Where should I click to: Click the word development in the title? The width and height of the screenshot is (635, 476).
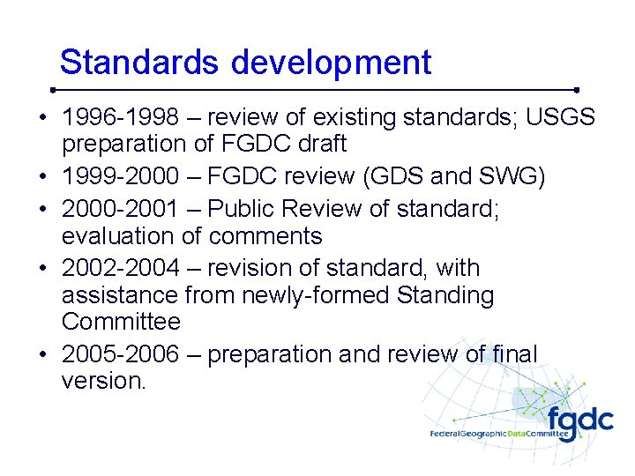(x=332, y=63)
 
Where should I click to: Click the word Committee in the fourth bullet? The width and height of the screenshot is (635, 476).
(x=121, y=321)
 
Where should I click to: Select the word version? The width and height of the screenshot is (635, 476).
(x=102, y=381)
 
